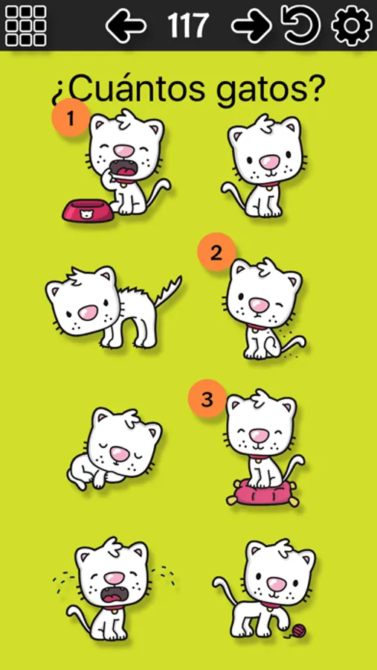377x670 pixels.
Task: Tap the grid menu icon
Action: tap(25, 25)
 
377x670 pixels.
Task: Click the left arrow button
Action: tap(126, 25)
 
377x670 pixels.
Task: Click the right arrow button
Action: tap(251, 25)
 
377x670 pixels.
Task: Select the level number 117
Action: tap(188, 25)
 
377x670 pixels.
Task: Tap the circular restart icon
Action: tap(300, 25)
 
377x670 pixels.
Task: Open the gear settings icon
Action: tap(352, 25)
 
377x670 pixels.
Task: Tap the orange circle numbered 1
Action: tap(71, 118)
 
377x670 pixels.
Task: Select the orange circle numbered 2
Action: tap(216, 252)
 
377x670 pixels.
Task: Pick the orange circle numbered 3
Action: tap(207, 399)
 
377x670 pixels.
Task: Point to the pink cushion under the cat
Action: tap(262, 493)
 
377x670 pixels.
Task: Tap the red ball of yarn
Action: tap(299, 630)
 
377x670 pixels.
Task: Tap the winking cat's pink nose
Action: tap(258, 304)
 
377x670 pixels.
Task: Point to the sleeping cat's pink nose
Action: tap(119, 453)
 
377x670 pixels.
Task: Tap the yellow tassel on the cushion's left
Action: tap(232, 500)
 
